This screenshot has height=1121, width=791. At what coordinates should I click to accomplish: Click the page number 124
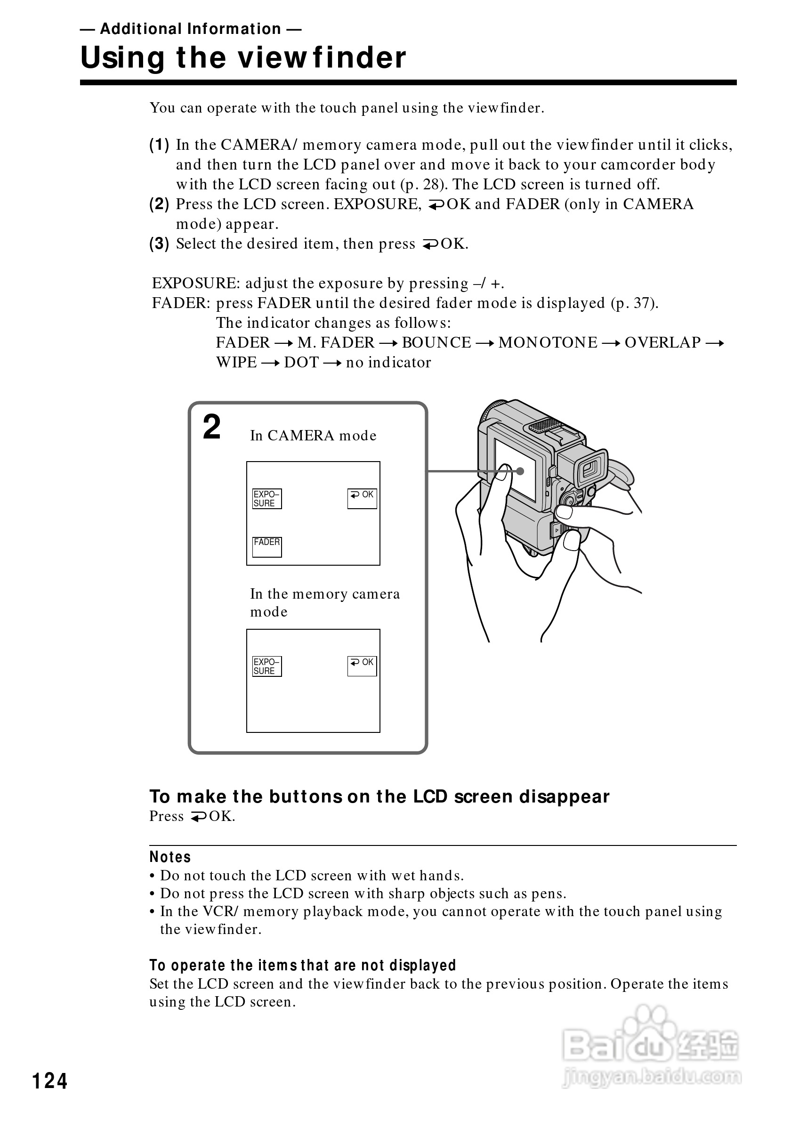click(x=49, y=1081)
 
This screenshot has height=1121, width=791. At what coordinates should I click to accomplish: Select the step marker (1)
click(x=159, y=145)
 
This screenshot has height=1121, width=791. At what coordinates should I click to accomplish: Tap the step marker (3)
click(x=159, y=244)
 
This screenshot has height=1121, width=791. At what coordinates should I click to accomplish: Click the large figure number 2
click(x=212, y=427)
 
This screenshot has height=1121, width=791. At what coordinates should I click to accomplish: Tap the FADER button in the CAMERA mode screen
click(x=266, y=546)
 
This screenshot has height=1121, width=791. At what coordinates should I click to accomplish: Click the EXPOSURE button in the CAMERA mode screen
click(x=266, y=498)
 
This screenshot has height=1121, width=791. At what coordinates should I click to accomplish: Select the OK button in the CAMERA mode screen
click(x=362, y=498)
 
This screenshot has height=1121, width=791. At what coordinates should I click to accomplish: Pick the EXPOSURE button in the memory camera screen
click(x=266, y=666)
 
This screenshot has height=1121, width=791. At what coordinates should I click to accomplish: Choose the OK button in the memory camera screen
click(x=362, y=666)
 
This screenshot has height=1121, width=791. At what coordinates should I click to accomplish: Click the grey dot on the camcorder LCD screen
click(x=520, y=471)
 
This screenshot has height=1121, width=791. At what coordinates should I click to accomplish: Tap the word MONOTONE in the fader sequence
click(x=548, y=343)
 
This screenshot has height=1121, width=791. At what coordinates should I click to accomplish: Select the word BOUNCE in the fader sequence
click(x=436, y=343)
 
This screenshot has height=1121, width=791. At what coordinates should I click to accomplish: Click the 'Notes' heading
click(x=170, y=857)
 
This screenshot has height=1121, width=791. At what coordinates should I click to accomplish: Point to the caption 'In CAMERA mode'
click(x=313, y=436)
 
